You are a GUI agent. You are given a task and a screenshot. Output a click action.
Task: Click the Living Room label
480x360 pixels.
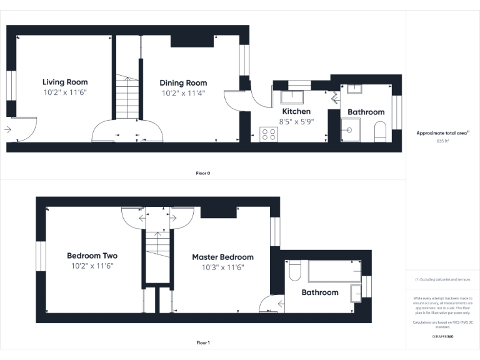click(x=65, y=82)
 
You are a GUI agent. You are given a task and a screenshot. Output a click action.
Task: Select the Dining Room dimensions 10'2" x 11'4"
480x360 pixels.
click(x=183, y=93)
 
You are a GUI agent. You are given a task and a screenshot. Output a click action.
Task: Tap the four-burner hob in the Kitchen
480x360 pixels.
click(x=269, y=134)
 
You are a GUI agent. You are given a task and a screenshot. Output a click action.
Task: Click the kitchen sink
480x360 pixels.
click(x=291, y=97)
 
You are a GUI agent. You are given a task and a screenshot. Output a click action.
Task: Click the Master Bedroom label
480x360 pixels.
click(x=222, y=257)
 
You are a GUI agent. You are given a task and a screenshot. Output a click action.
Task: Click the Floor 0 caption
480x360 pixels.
click(x=202, y=172)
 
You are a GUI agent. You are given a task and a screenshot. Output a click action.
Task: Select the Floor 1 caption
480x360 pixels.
click(x=202, y=342)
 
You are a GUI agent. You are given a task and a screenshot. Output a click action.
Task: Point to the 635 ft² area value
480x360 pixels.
click(x=442, y=141)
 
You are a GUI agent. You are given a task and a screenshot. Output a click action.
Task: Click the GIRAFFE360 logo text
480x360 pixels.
click(x=442, y=336)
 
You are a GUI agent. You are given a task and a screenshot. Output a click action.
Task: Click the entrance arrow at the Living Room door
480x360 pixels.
click(x=7, y=130)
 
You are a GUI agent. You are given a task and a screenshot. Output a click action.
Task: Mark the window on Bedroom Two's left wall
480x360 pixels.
click(x=41, y=257)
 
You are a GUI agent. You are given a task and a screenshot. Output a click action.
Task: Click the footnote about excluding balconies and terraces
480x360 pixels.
click(x=442, y=279)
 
